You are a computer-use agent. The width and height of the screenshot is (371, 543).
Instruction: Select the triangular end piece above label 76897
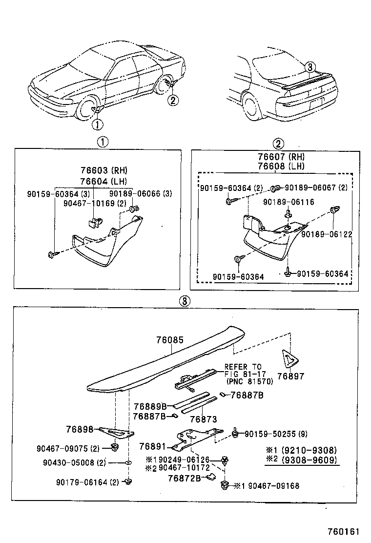coord(290,359)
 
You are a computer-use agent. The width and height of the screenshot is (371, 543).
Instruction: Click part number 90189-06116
coord(289,202)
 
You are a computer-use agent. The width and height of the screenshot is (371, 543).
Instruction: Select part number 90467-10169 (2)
coord(95,203)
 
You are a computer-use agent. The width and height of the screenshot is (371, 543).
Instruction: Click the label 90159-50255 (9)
coord(276,433)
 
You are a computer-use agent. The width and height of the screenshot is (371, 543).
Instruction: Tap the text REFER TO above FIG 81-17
coord(243,367)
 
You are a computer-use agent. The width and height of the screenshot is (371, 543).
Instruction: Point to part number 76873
coord(203,419)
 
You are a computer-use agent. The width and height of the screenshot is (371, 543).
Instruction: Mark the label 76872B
coord(185,478)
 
